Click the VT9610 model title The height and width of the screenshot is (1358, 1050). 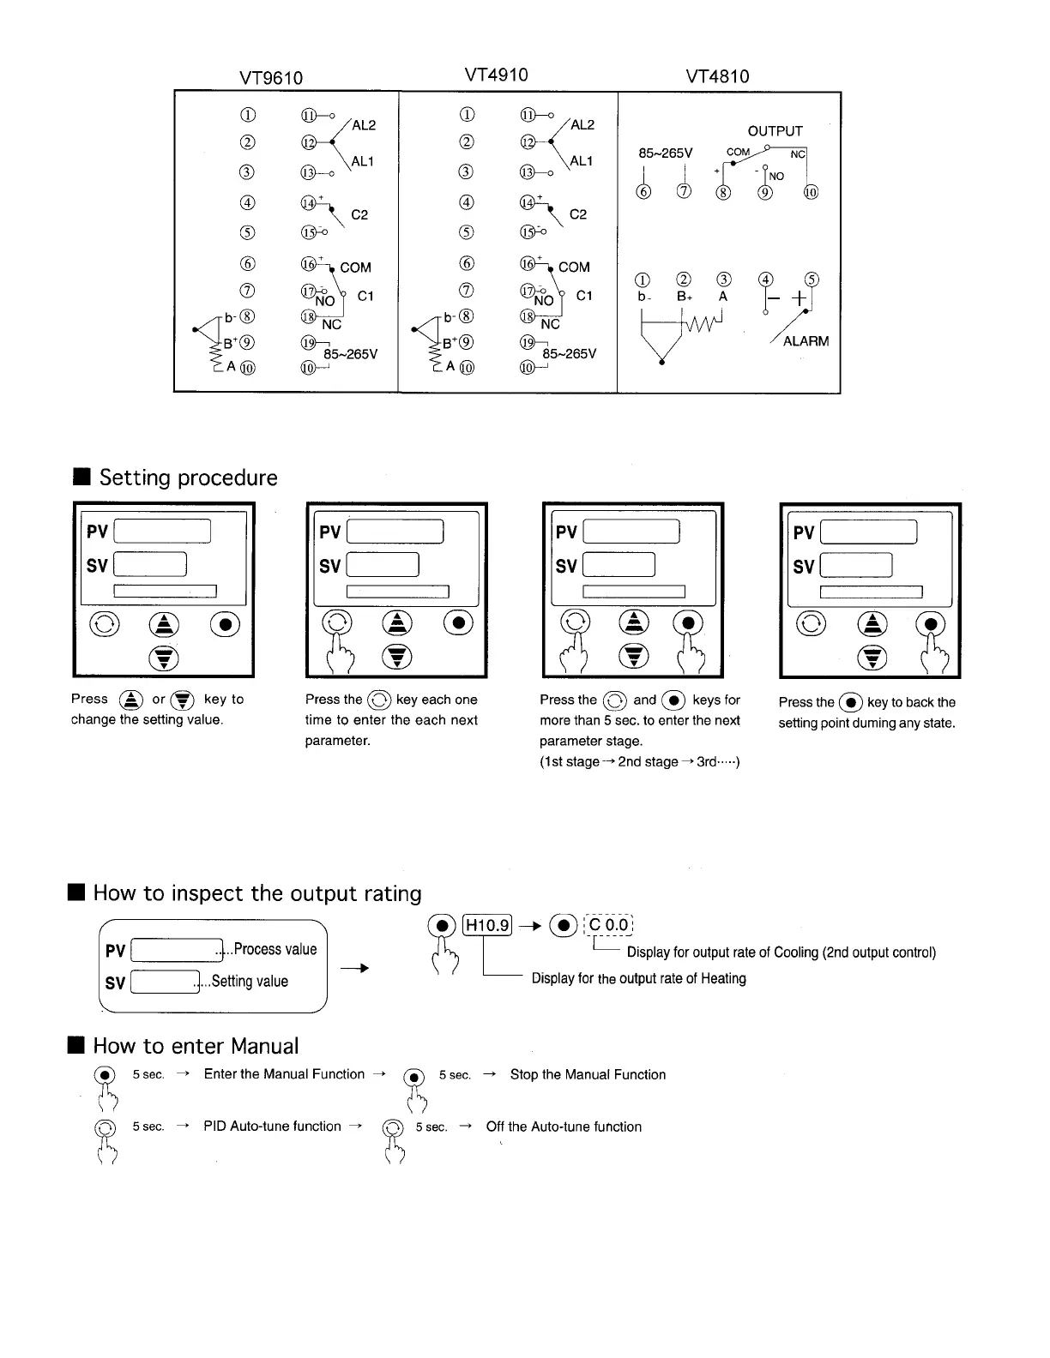270,78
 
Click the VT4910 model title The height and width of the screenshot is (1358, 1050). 496,75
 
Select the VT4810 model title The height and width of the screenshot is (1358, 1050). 717,76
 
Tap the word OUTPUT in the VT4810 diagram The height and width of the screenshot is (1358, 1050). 775,131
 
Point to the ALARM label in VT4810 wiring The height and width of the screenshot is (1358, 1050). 806,341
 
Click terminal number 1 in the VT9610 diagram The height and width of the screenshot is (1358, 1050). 248,115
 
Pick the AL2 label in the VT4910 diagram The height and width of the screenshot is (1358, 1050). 582,124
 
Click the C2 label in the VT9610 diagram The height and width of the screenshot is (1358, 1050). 359,214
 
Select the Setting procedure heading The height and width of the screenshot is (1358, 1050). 188,478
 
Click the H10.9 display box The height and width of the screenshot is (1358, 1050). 486,925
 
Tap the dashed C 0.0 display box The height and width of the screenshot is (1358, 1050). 608,925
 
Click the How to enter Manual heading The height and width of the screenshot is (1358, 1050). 196,1046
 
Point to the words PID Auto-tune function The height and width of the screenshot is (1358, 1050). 272,1127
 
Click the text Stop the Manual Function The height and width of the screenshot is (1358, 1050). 588,1075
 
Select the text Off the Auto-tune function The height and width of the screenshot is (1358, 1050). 564,1127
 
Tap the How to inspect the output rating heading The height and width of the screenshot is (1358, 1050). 256,893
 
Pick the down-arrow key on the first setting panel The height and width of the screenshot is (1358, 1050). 163,658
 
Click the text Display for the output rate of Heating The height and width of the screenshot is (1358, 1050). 638,978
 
